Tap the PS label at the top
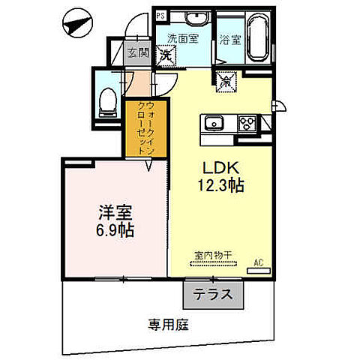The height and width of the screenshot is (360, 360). pos(160,15)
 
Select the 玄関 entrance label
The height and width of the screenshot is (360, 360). pos(136,53)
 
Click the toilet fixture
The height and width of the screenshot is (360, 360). pos(107,100)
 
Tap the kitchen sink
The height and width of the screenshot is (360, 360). pos(212,123)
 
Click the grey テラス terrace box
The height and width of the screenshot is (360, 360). pos(213,295)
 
